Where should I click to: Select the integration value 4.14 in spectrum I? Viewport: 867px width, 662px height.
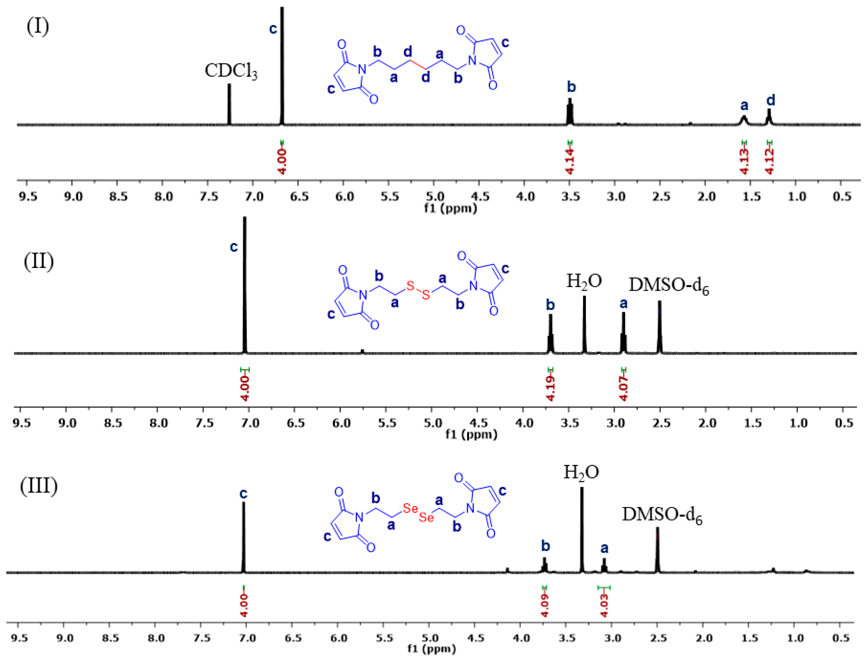(x=570, y=161)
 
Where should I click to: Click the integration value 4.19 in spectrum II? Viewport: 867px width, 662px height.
(x=551, y=388)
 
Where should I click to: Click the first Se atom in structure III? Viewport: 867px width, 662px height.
(x=410, y=509)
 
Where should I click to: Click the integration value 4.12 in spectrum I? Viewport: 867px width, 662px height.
(x=770, y=161)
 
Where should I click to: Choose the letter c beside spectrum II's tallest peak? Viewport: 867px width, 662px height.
(x=234, y=247)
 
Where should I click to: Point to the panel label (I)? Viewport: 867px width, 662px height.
(x=38, y=27)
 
